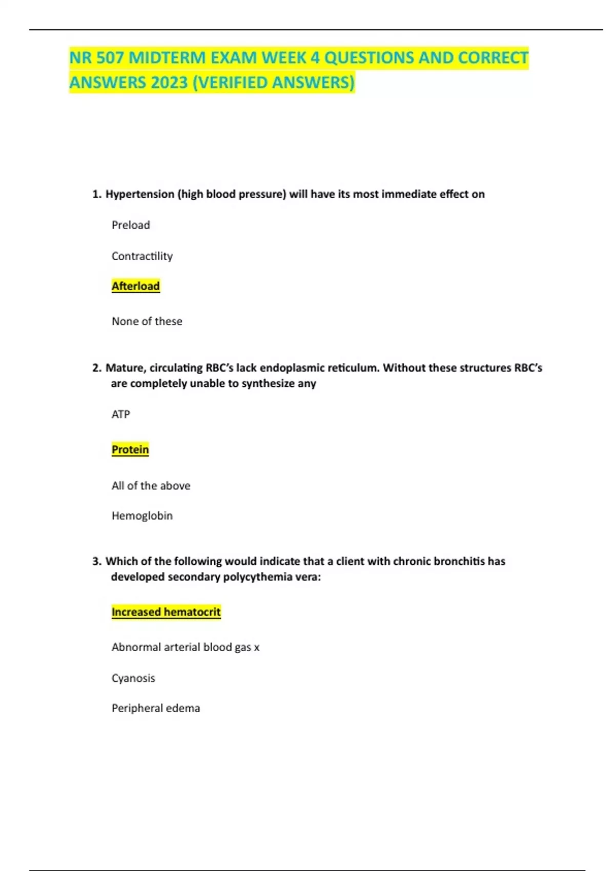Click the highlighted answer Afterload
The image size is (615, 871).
[136, 286]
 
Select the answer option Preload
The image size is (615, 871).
[131, 225]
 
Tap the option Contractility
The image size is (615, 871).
[142, 256]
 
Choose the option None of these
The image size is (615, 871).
[147, 321]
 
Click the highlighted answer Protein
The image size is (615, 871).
[130, 449]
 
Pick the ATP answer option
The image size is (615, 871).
[121, 414]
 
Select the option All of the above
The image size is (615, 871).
[151, 485]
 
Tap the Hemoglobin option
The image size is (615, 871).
[142, 515]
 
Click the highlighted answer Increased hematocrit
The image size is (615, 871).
[166, 612]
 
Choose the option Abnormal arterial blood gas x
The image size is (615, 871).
[186, 647]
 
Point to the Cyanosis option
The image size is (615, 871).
[133, 678]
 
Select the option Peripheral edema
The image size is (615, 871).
[156, 708]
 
